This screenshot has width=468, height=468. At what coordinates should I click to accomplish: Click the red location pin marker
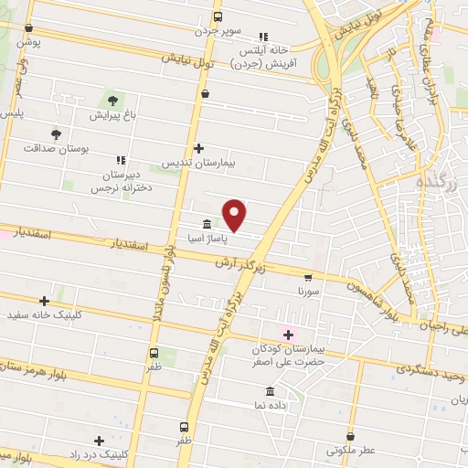(x=236, y=216)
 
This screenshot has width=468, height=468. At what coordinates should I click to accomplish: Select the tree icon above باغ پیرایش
(x=113, y=100)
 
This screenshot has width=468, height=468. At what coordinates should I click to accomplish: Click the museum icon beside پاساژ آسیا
(x=207, y=224)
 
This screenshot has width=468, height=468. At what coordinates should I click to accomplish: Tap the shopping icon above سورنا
(x=308, y=276)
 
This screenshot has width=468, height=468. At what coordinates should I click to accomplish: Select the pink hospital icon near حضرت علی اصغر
(x=288, y=335)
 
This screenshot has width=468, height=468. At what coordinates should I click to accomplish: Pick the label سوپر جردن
(x=217, y=30)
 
